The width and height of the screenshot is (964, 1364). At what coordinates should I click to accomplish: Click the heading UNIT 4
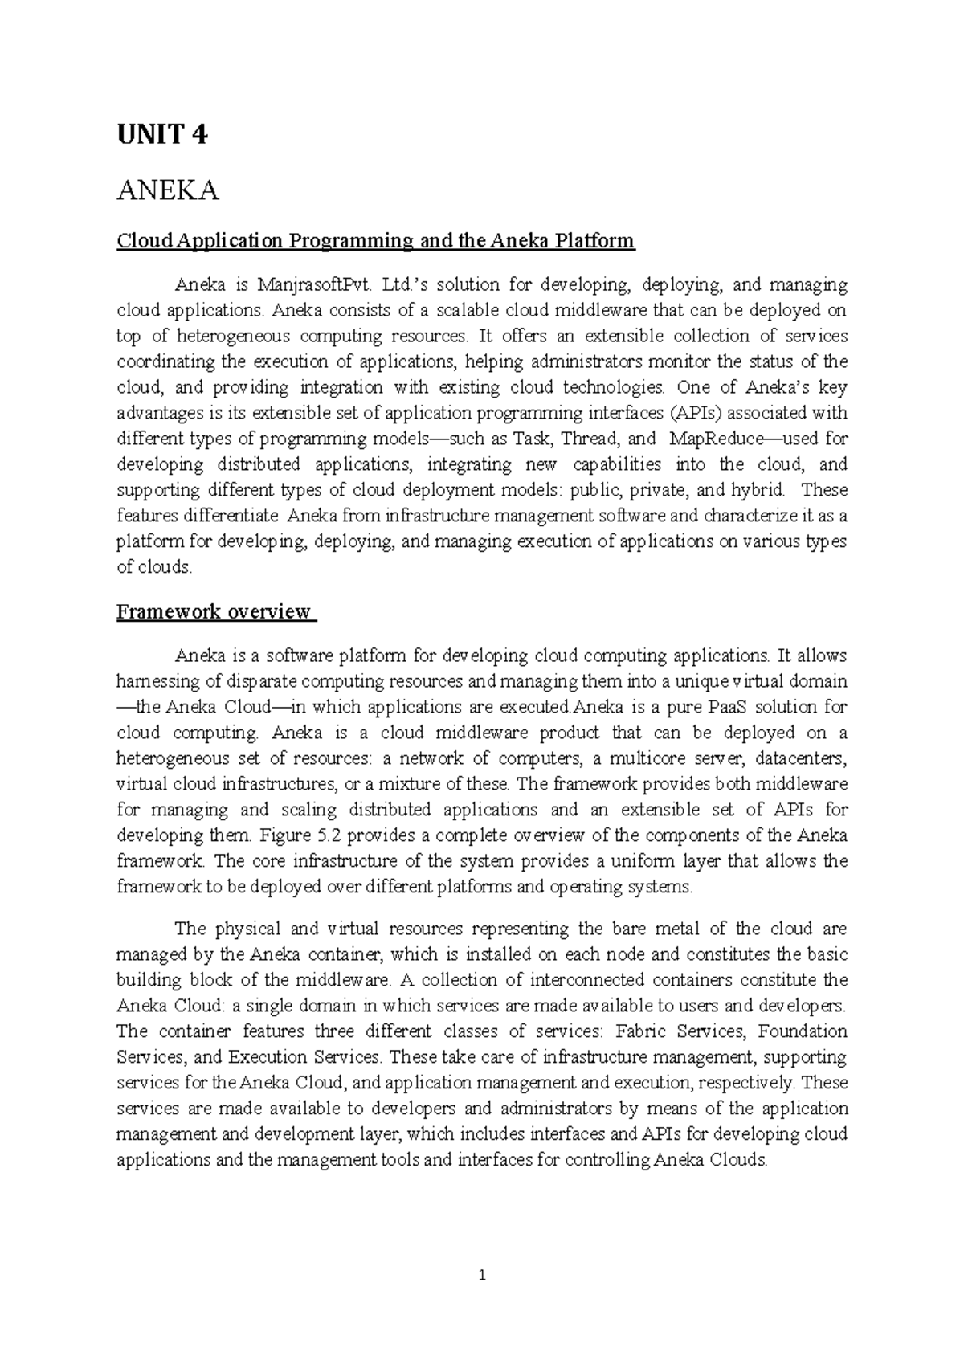click(x=161, y=135)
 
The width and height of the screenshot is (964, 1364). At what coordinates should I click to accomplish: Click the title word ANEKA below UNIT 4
click(x=168, y=192)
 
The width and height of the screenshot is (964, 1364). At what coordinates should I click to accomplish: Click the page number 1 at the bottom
click(x=482, y=1276)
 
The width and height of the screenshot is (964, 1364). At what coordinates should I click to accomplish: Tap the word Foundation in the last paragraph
click(x=803, y=1031)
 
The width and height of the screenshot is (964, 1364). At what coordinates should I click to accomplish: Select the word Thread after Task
click(x=590, y=439)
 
